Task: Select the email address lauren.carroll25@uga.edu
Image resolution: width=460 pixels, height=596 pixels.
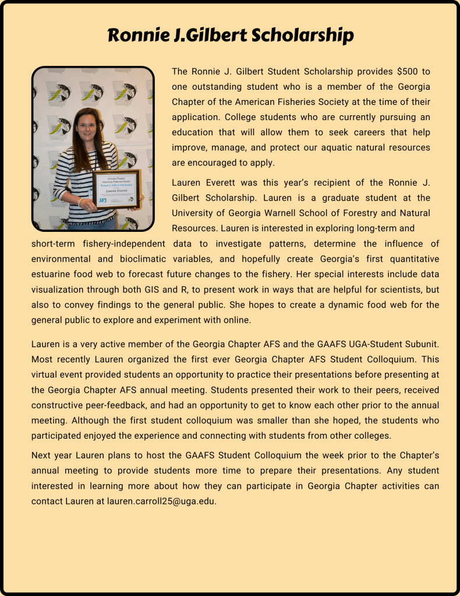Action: pos(162,501)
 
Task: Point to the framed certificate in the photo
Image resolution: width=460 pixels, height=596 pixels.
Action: pos(116,189)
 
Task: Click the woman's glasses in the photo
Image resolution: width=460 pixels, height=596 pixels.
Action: pos(86,125)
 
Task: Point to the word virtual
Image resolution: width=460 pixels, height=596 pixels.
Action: pos(47,375)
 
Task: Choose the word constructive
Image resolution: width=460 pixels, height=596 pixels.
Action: pos(58,405)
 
